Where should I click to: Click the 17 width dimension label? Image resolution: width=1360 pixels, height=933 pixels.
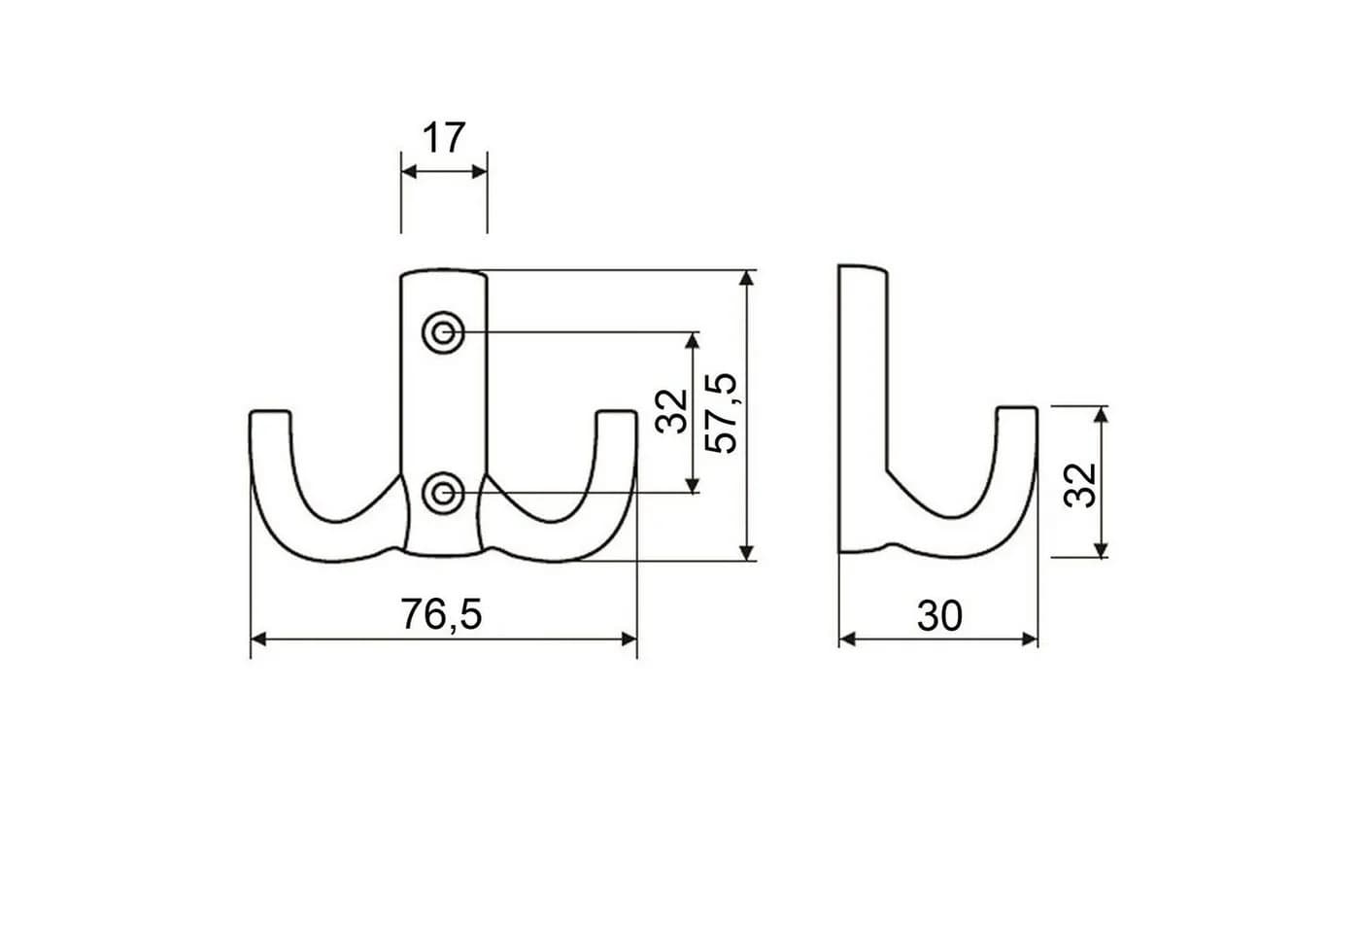tap(444, 138)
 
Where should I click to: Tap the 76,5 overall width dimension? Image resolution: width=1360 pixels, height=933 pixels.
tap(441, 614)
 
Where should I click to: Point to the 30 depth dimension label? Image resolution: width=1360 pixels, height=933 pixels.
tap(939, 616)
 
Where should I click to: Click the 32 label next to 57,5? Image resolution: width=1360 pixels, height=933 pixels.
tap(672, 412)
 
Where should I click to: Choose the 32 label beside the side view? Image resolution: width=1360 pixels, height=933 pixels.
tap(1080, 485)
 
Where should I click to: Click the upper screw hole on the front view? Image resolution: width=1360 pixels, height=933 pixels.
tap(443, 332)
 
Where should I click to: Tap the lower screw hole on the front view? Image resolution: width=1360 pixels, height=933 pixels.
tap(443, 493)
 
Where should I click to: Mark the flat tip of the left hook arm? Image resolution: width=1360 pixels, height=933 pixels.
tap(270, 413)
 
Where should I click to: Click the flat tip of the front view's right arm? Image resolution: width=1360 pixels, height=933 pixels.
tap(616, 413)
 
